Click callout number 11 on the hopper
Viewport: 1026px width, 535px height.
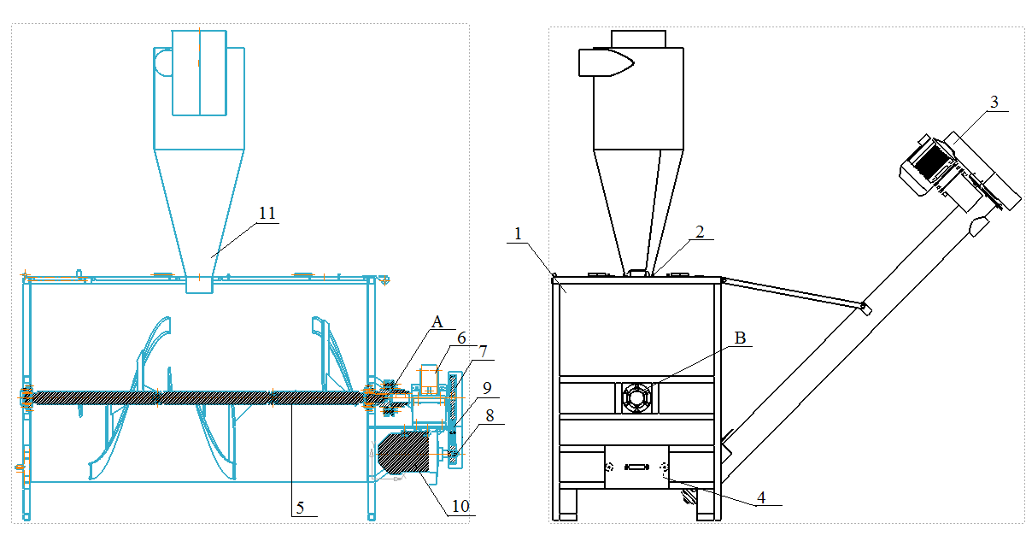pyautogui.click(x=267, y=214)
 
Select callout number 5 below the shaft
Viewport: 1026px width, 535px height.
pyautogui.click(x=300, y=508)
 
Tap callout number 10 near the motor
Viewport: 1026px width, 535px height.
pyautogui.click(x=460, y=506)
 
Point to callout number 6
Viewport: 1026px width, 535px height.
pyautogui.click(x=461, y=338)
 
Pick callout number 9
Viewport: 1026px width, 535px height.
pyautogui.click(x=486, y=387)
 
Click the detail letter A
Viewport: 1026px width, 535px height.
pyautogui.click(x=438, y=322)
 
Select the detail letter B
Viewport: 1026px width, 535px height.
pyautogui.click(x=740, y=338)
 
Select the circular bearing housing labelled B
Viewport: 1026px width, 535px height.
pyautogui.click(x=637, y=398)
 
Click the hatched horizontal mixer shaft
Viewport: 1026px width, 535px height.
pyautogui.click(x=196, y=397)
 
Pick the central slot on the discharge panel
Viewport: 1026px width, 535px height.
pyautogui.click(x=637, y=467)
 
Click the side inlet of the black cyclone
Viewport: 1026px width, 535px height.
pyautogui.click(x=604, y=62)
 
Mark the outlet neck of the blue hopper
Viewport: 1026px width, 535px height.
pyautogui.click(x=199, y=283)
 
